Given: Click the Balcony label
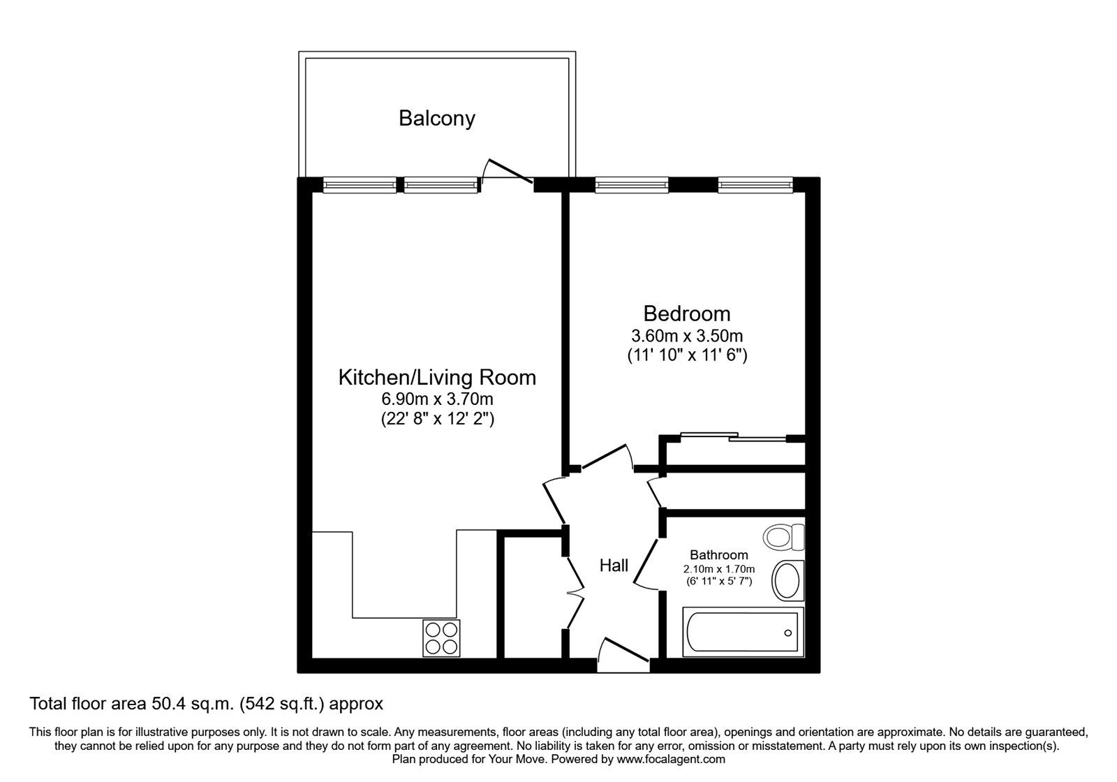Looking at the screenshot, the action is [437, 119].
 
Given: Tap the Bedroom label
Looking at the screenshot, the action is [687, 313].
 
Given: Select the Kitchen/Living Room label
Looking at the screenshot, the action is [437, 378].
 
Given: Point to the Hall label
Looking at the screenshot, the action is [614, 565].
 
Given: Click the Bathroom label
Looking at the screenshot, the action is [718, 554].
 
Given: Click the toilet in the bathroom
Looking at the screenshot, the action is [784, 537].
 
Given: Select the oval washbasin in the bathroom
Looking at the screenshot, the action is [787, 580].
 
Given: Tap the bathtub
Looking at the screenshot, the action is [743, 633].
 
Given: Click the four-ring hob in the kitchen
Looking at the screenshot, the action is [441, 638].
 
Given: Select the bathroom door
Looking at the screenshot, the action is [646, 563].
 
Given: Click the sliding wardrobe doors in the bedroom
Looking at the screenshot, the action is [734, 436].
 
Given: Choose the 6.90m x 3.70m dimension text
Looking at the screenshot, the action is [437, 399].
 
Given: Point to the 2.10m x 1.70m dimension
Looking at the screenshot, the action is [719, 569].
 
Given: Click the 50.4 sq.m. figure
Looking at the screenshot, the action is [193, 704].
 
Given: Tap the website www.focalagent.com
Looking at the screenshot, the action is [671, 759].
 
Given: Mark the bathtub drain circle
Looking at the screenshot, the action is [788, 633].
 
